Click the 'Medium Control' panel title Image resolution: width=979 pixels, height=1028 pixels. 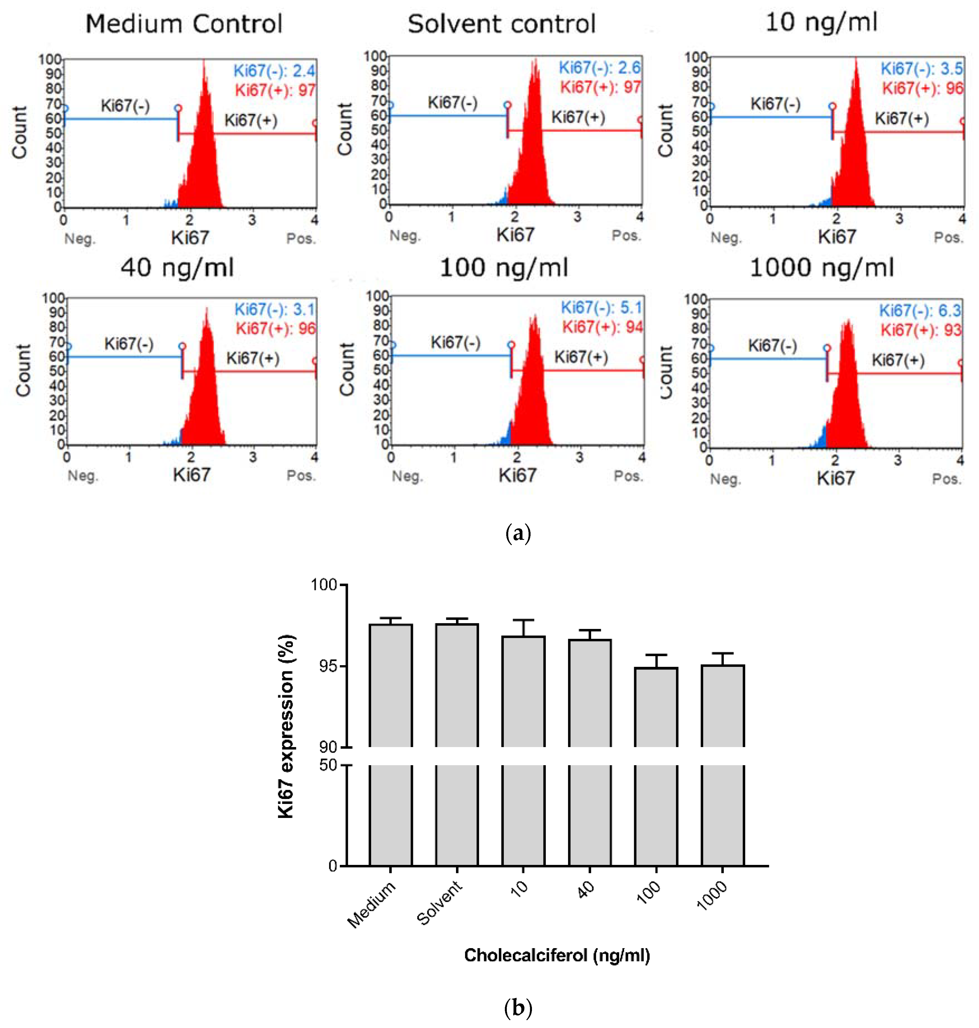pos(184,24)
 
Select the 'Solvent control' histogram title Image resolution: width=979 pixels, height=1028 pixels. pos(502,24)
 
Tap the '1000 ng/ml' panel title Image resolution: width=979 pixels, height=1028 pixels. pos(822,268)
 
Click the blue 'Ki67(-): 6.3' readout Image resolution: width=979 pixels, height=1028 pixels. pos(920,311)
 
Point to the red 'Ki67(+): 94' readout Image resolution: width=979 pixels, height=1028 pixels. pos(602,327)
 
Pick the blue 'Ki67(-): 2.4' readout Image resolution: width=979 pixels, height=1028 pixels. pos(274,70)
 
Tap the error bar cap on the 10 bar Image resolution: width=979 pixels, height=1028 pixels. pos(523,621)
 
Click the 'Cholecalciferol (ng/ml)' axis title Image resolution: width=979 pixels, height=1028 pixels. pos(557,955)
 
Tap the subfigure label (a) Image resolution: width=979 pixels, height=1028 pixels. pos(518,534)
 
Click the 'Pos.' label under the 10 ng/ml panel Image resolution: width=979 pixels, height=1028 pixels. pos(948,238)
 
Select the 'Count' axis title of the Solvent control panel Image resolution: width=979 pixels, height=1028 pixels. pos(345,129)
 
